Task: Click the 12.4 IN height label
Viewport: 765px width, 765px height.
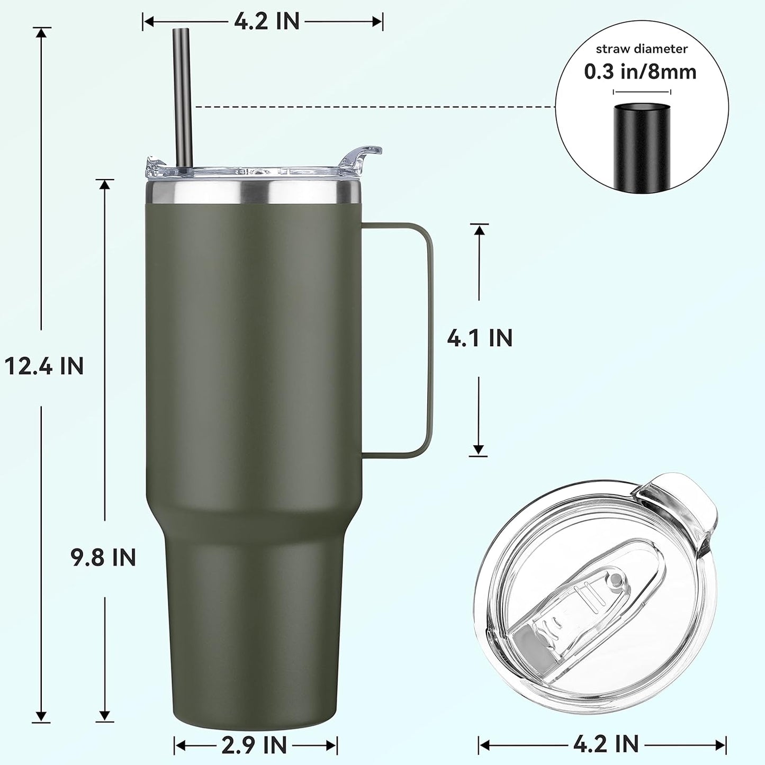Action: pyautogui.click(x=44, y=366)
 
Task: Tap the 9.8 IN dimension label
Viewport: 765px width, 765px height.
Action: pyautogui.click(x=104, y=557)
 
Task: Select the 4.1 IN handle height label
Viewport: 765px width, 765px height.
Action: pyautogui.click(x=480, y=338)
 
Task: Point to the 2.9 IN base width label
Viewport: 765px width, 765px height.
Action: pyautogui.click(x=255, y=745)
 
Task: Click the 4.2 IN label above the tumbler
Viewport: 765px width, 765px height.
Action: pyautogui.click(x=267, y=22)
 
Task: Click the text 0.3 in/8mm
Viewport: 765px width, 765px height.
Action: pyautogui.click(x=640, y=71)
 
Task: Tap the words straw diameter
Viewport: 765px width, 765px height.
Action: pyautogui.click(x=642, y=49)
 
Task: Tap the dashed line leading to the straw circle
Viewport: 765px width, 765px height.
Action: pyautogui.click(x=371, y=107)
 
